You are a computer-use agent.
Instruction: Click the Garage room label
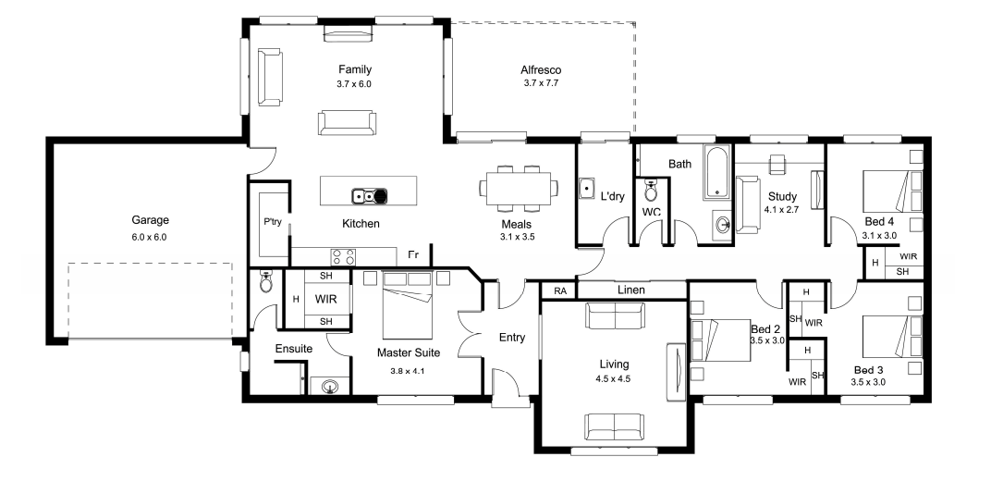(x=150, y=220)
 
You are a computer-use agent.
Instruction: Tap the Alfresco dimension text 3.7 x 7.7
(x=541, y=83)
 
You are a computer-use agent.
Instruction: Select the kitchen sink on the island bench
(x=370, y=196)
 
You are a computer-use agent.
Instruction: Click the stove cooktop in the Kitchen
(x=343, y=257)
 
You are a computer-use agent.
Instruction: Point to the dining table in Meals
(x=519, y=188)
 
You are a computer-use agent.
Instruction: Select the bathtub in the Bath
(x=716, y=173)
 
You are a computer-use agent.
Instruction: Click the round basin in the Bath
(x=723, y=223)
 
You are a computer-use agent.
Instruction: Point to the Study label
(x=782, y=196)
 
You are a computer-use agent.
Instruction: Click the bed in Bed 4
(x=887, y=191)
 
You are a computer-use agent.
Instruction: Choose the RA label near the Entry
(x=560, y=291)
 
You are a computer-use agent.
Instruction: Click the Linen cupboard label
(x=630, y=290)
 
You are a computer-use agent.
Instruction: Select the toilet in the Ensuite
(x=266, y=283)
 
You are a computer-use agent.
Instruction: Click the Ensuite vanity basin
(x=329, y=385)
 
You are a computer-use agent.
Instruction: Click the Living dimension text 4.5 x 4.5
(x=613, y=379)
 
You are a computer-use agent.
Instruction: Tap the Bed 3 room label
(x=868, y=370)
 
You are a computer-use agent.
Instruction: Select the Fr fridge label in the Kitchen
(x=413, y=255)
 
